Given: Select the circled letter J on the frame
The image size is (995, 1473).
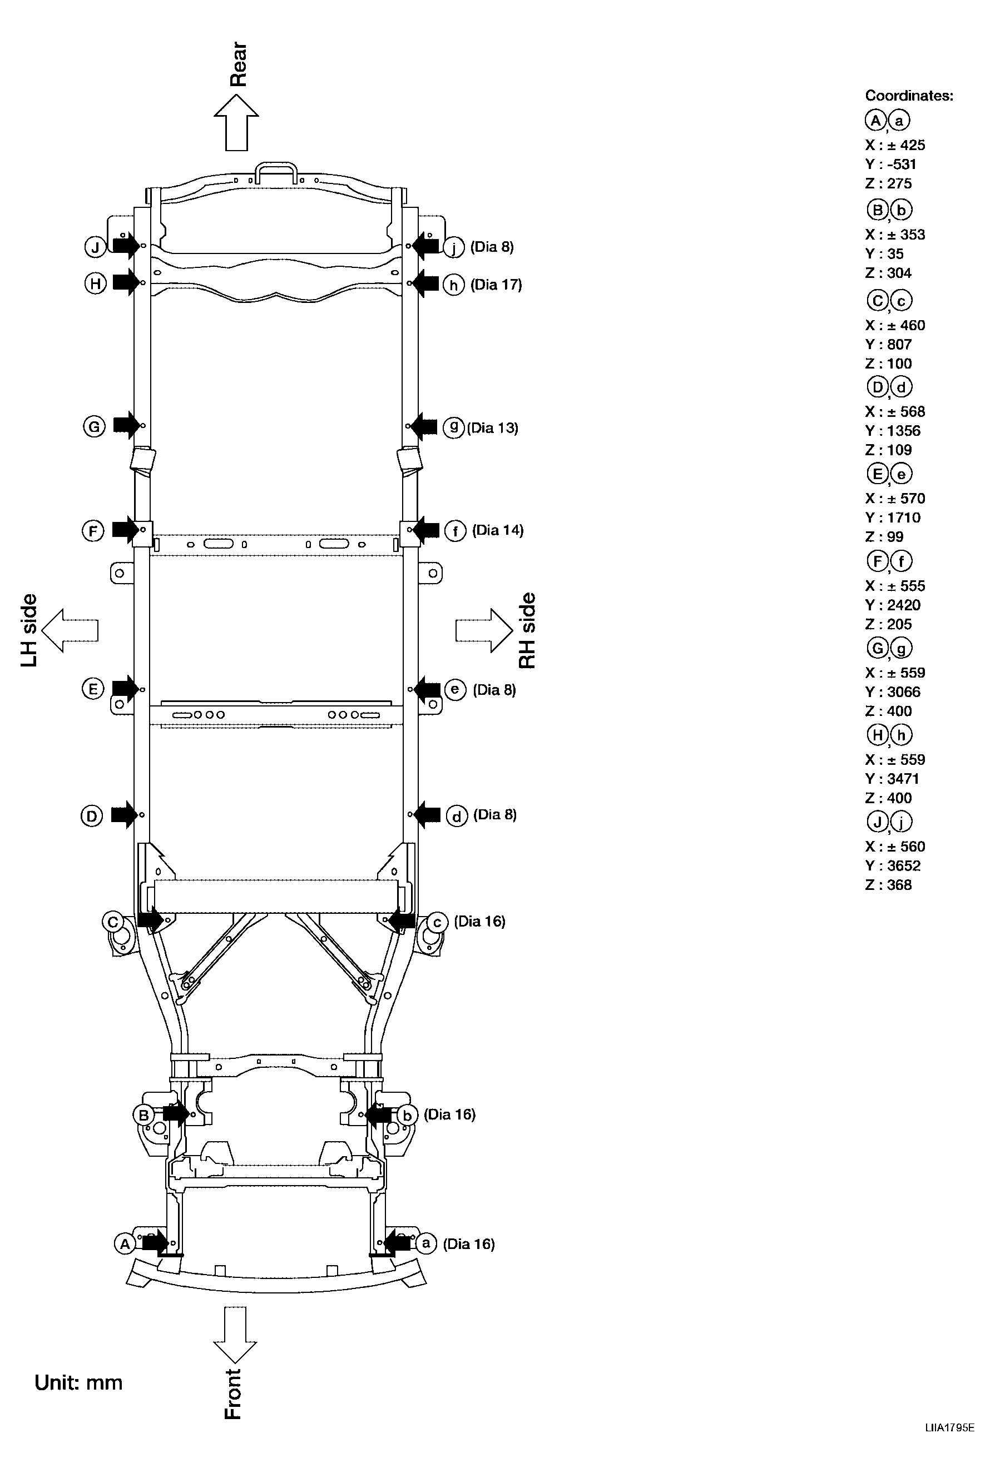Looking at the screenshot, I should point(95,247).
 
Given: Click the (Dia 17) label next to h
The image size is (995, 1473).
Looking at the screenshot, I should point(496,285).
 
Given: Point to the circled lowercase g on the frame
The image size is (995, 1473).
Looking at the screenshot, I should point(453,428).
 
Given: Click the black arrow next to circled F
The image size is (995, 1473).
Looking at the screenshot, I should point(126,529).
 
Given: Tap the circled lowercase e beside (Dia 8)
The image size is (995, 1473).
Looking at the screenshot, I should point(456,690).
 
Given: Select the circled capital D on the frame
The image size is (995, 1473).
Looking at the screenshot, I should point(91,816).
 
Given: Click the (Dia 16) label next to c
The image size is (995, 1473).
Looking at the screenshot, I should point(479,921).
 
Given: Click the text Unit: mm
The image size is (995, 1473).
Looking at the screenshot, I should point(78,1382).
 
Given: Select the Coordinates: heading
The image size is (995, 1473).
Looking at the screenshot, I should point(908,96).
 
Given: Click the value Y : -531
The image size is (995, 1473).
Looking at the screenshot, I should point(890,164).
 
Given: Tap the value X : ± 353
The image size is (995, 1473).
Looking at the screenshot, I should point(894,235).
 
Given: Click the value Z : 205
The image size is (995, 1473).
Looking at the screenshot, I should point(888,624).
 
